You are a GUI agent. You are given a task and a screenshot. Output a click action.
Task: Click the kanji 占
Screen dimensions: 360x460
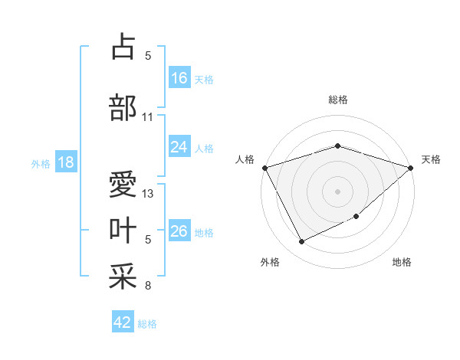click(123, 47)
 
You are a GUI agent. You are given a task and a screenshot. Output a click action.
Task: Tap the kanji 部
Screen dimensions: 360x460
click(123, 107)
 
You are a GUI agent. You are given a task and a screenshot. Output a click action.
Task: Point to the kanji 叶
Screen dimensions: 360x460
click(123, 231)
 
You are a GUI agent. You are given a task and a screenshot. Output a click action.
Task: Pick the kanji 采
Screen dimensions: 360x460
click(123, 277)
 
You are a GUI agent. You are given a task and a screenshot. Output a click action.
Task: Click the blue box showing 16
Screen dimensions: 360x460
click(179, 78)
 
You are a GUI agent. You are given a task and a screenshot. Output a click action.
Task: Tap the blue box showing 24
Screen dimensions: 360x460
click(179, 147)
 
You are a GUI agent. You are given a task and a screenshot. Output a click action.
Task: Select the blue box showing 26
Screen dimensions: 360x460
click(179, 232)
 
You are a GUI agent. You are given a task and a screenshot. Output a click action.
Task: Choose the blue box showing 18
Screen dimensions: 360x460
click(65, 163)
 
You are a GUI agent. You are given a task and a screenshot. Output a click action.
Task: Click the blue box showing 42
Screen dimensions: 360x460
click(123, 322)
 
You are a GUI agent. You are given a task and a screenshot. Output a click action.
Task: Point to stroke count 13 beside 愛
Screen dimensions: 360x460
click(149, 194)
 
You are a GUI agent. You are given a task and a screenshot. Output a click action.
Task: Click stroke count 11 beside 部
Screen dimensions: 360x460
click(147, 117)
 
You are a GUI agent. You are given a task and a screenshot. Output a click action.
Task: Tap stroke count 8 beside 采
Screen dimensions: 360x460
click(148, 286)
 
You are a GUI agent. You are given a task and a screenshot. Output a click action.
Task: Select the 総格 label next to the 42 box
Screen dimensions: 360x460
click(147, 324)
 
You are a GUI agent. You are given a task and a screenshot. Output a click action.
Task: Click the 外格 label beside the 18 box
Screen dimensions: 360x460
click(40, 164)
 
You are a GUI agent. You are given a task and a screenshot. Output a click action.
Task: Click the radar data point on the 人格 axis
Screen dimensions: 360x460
click(264, 168)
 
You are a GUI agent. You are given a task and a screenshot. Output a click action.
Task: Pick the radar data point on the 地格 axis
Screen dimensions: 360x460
click(357, 218)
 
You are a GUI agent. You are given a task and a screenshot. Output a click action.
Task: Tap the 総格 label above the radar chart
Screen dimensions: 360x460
click(337, 100)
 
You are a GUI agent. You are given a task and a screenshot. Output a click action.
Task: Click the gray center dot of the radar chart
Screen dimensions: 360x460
click(337, 191)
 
